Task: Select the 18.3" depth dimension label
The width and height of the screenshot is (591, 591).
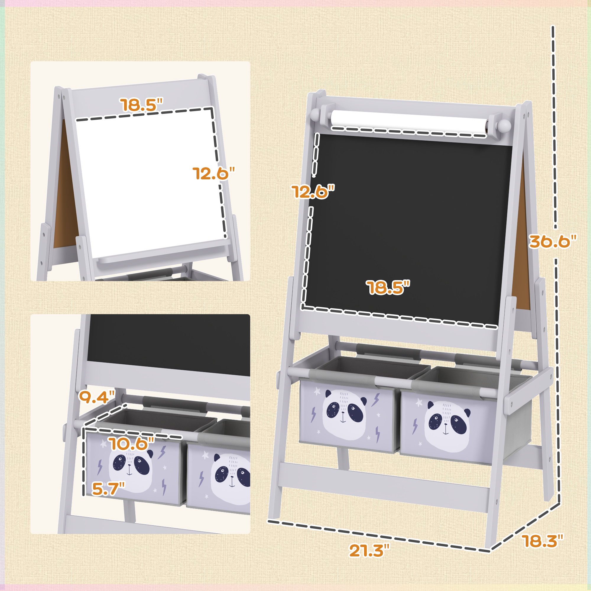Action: [x=542, y=541]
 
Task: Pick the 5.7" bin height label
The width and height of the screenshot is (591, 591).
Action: [x=108, y=488]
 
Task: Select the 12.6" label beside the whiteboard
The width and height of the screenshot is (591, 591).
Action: [x=214, y=173]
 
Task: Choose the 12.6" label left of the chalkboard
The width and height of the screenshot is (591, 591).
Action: [x=313, y=191]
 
